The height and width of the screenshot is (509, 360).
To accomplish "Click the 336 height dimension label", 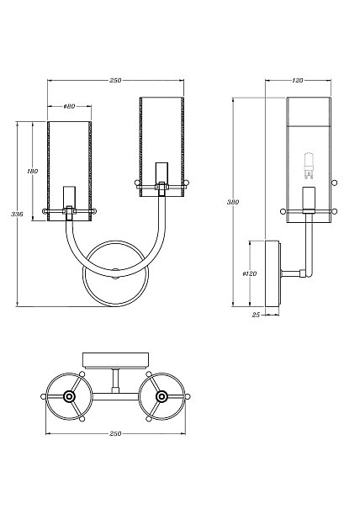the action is point(17,215).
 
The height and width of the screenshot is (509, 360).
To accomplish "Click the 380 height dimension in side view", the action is point(232,202).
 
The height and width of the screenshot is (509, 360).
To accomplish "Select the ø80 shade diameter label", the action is point(69,106).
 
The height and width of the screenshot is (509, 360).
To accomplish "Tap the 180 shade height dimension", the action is point(33,171).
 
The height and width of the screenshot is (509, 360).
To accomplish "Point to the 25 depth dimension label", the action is point(257,315).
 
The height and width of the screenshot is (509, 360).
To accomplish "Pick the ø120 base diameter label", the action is point(250,273).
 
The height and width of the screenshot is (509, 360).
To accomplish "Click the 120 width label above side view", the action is point(298,80).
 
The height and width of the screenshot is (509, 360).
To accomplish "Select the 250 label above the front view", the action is point(115,80).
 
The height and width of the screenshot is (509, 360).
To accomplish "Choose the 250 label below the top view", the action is point(115,433).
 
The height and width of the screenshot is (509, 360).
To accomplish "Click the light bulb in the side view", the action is point(309,166).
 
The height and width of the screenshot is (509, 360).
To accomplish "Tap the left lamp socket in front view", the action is point(69,196).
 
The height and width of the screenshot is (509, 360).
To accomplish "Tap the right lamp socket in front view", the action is point(161,172).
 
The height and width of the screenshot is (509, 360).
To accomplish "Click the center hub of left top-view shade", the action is point(69,396).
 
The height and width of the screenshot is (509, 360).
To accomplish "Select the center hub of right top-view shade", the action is point(161,396).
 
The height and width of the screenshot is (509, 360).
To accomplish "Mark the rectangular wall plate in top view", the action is point(115,360).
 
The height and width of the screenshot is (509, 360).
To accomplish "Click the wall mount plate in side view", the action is point(272,273).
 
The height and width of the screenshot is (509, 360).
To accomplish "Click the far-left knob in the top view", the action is point(43,396).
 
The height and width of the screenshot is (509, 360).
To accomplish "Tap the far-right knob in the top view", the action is point(188,396).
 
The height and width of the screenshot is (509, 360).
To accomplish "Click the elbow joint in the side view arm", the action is point(303,273).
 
